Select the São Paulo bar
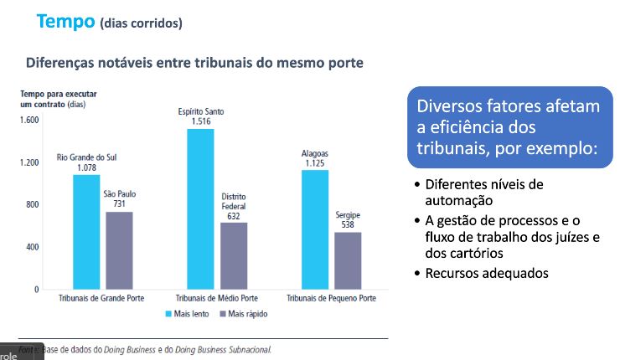(119, 250)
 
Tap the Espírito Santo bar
(200, 209)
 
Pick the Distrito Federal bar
(234, 256)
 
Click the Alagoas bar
(315, 229)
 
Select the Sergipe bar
(348, 260)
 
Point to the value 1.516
(200, 121)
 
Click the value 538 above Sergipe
(348, 224)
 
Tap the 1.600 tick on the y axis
(29, 120)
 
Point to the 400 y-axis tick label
(33, 247)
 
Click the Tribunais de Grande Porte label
(102, 298)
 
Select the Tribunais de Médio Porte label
(217, 298)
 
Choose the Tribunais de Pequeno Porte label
(332, 298)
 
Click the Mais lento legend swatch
(168, 314)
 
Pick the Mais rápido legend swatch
(223, 314)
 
